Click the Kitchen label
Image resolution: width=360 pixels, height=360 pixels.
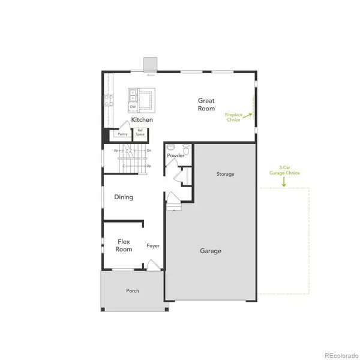(142, 119)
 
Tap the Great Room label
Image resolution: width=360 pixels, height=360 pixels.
(206, 105)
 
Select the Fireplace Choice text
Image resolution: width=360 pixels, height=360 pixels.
(233, 117)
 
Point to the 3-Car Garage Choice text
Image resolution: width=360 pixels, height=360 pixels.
(284, 170)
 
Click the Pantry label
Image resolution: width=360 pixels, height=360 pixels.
(122, 134)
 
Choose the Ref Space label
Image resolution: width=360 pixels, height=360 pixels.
(140, 133)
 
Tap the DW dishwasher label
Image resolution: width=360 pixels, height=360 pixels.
(133, 107)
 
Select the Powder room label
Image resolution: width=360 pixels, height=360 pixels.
(175, 156)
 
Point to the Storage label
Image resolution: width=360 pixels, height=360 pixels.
(225, 174)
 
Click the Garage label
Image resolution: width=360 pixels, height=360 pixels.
(211, 251)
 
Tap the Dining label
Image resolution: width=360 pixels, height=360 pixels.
(124, 197)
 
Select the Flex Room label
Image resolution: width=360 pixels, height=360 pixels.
(124, 245)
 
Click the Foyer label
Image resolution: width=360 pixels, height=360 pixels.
(153, 246)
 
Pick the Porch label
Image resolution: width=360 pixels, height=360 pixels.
(133, 291)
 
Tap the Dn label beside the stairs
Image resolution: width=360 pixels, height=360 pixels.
(148, 150)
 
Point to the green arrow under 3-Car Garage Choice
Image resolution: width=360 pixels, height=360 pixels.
(284, 182)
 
